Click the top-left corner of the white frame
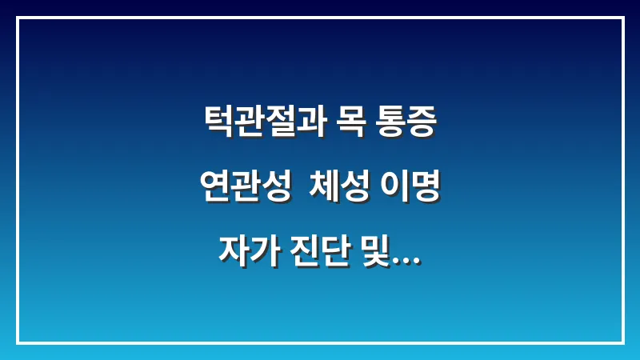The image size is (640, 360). click(18, 18)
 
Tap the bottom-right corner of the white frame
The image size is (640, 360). click(622, 342)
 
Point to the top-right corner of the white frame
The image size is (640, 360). click(622, 18)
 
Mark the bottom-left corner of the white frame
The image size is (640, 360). click(18, 342)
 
